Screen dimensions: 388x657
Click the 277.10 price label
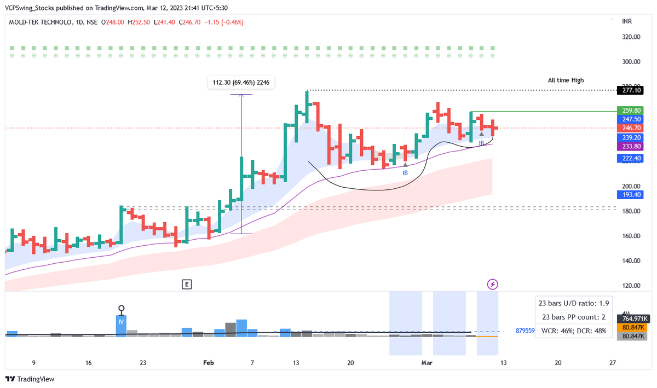[x=632, y=90]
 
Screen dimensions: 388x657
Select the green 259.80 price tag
[x=632, y=110]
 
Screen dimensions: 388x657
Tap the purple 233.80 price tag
[x=632, y=146]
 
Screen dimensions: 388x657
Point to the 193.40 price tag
[x=632, y=195]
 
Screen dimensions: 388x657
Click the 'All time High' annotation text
[x=566, y=80]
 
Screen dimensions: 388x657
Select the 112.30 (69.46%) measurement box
[x=241, y=83]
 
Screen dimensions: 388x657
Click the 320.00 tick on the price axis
[x=632, y=37]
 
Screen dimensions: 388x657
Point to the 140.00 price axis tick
[x=632, y=261]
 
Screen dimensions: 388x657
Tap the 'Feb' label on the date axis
[x=208, y=362]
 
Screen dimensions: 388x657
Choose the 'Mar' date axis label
[x=427, y=362]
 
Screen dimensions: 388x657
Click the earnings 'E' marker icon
[x=187, y=284]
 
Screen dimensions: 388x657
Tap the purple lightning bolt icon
[x=493, y=284]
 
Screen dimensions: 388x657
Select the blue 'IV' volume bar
[x=121, y=322]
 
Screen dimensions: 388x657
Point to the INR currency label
[x=628, y=22]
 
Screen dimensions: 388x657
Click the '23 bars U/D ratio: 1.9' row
[x=573, y=303]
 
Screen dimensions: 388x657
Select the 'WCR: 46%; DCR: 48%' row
[x=573, y=331]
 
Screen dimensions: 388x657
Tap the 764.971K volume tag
[x=632, y=318]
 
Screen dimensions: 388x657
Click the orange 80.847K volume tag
[x=632, y=327]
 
